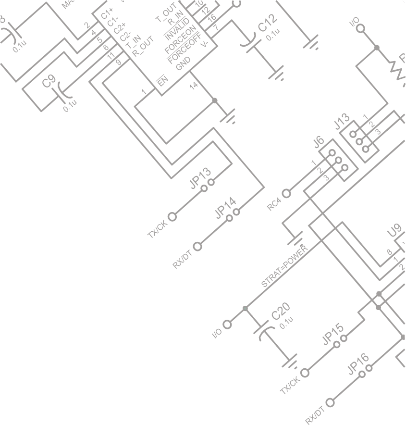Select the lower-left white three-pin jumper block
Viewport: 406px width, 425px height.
click(338, 160)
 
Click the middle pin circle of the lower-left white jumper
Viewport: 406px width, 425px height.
click(338, 161)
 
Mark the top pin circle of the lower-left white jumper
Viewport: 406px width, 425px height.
click(332, 153)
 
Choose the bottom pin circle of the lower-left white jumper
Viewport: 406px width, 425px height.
click(344, 167)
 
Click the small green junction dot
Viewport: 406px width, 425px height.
click(245, 309)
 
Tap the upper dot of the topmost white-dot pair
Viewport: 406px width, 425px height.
click(211, 182)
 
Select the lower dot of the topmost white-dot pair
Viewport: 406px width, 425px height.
click(204, 188)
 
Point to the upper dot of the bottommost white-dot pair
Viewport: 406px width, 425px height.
click(369, 368)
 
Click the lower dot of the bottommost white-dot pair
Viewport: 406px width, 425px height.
click(362, 374)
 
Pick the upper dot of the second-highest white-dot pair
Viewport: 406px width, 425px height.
click(236, 212)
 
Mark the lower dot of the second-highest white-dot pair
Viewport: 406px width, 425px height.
click(229, 218)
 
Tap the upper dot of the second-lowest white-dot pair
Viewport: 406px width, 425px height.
click(344, 338)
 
